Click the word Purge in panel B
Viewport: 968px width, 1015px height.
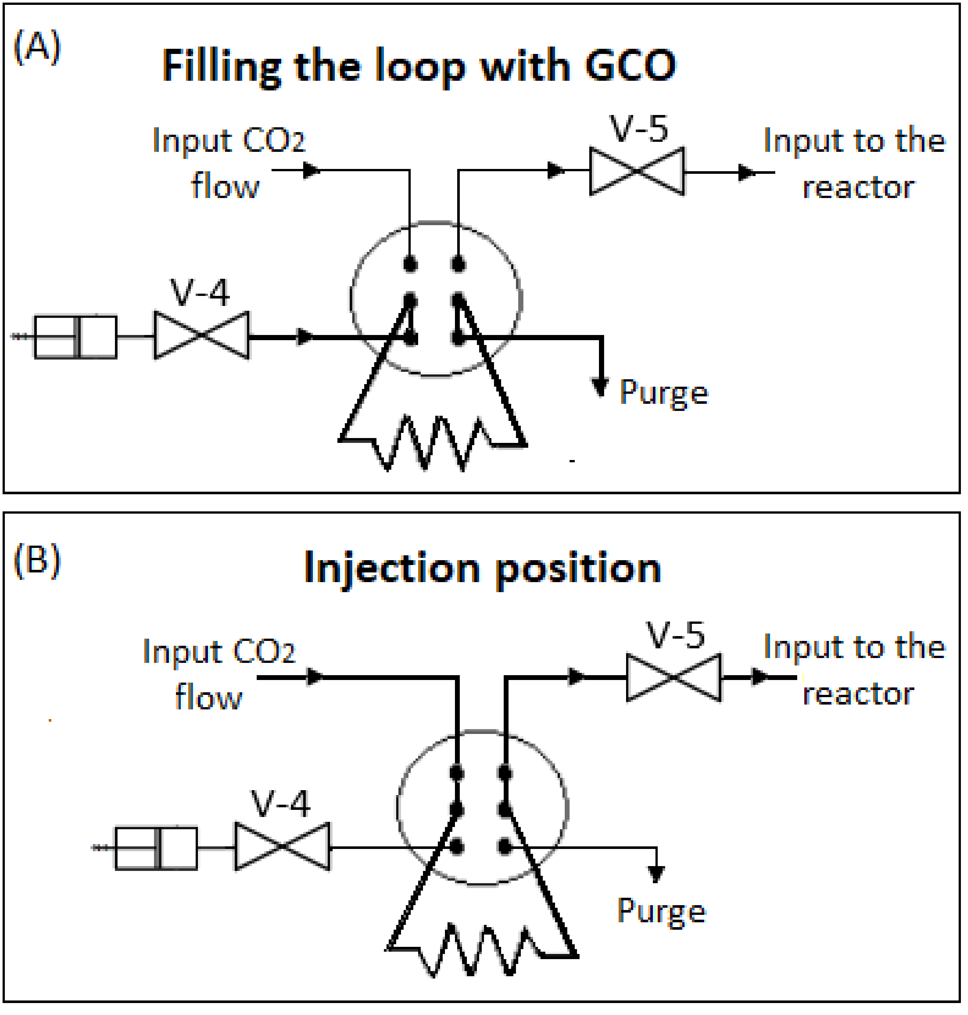(662, 912)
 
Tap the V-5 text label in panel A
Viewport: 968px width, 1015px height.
(639, 129)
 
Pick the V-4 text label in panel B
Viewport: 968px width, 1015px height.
(281, 804)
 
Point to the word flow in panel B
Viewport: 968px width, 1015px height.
(209, 697)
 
